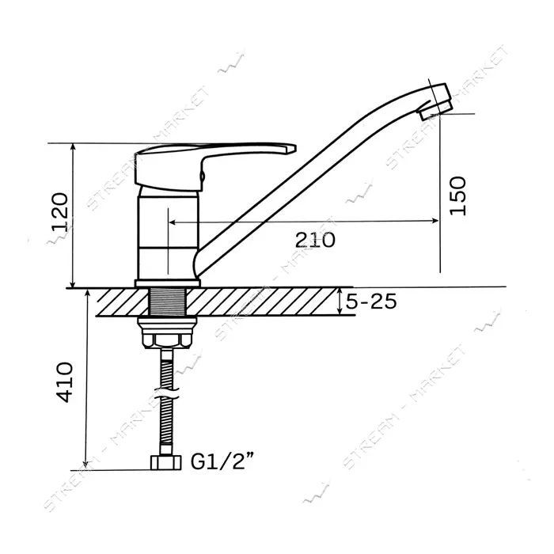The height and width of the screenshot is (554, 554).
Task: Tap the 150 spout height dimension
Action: click(458, 195)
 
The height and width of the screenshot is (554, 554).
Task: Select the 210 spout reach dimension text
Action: click(315, 241)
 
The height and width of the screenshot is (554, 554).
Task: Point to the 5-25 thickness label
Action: click(370, 302)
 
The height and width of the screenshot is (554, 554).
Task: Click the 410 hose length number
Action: click(66, 382)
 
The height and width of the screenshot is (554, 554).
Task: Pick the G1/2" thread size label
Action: click(222, 461)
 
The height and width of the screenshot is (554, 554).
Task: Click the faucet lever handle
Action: click(214, 165)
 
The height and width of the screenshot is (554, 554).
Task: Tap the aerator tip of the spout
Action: click(434, 102)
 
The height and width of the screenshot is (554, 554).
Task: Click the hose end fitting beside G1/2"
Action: click(166, 462)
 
